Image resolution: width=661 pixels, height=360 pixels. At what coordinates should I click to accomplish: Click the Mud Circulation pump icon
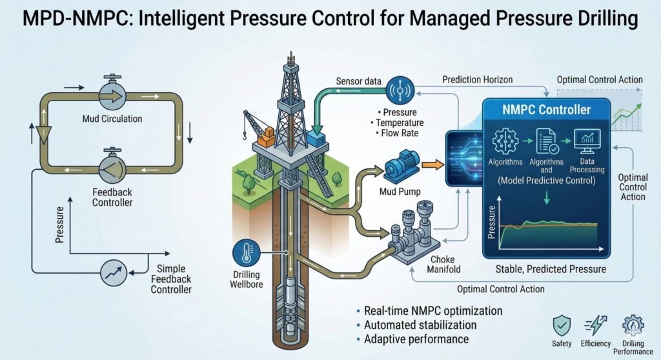click(113, 95)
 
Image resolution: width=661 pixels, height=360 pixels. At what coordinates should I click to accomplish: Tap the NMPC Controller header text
click(546, 109)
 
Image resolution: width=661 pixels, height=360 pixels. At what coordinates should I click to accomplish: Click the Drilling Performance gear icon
click(633, 325)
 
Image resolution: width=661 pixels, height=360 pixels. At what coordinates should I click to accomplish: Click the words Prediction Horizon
click(478, 79)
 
